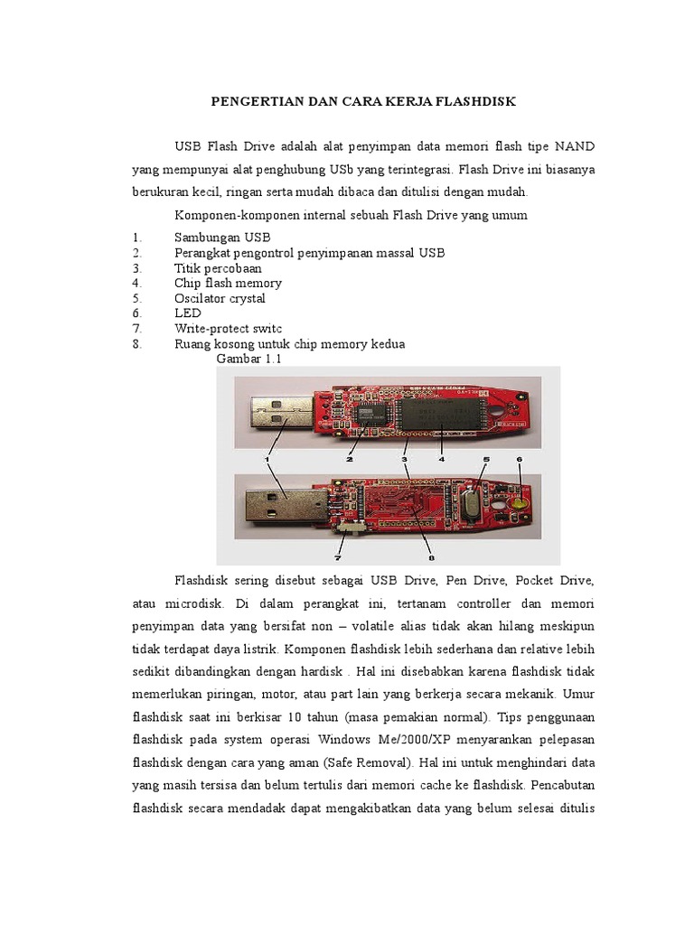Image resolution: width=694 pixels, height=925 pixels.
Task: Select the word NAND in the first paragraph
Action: click(x=574, y=146)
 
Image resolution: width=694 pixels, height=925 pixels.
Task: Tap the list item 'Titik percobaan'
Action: click(x=218, y=268)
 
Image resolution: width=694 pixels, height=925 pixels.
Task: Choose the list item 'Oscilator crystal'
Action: click(x=220, y=298)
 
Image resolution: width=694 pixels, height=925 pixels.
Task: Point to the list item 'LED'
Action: click(x=187, y=313)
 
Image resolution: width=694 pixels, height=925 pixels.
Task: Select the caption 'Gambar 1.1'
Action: click(x=249, y=360)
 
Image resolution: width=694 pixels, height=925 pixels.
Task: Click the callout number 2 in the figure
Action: click(x=348, y=459)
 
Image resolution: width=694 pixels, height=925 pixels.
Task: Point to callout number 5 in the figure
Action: click(x=484, y=459)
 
